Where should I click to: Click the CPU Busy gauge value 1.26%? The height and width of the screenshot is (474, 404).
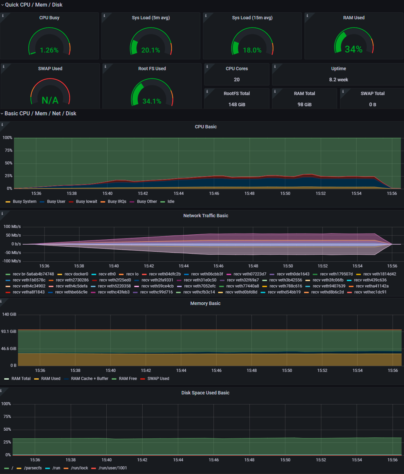click(49, 50)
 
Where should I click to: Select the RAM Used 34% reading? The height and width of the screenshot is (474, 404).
click(353, 49)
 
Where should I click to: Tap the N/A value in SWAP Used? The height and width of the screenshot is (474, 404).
click(50, 101)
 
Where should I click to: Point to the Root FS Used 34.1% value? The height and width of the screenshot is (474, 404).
click(152, 101)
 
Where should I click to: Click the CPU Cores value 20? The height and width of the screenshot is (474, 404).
click(237, 80)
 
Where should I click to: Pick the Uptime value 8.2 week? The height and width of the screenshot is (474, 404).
click(338, 80)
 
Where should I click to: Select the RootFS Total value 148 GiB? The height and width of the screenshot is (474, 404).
click(237, 104)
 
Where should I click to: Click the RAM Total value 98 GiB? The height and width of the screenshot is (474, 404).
click(304, 104)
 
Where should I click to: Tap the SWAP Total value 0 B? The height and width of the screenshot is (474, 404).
click(372, 104)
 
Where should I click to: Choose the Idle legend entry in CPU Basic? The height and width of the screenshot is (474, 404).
click(170, 201)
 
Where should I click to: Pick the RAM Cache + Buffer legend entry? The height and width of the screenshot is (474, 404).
click(89, 379)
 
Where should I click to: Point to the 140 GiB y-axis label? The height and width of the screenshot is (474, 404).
click(9, 314)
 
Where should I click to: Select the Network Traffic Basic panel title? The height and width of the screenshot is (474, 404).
click(206, 216)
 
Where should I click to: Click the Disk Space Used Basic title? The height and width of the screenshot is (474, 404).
click(205, 393)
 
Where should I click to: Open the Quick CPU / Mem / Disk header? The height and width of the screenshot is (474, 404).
click(34, 5)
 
